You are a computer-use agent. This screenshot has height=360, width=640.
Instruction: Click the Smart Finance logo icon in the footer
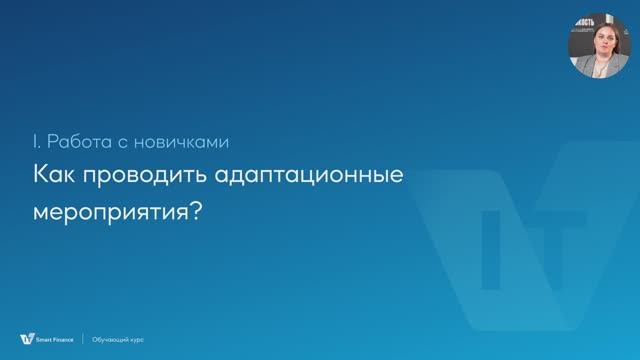(25, 339)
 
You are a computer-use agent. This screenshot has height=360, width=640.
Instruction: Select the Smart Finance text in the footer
(53, 340)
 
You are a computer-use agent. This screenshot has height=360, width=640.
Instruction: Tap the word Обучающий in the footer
(113, 340)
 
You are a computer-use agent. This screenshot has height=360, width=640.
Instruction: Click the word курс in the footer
(137, 340)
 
